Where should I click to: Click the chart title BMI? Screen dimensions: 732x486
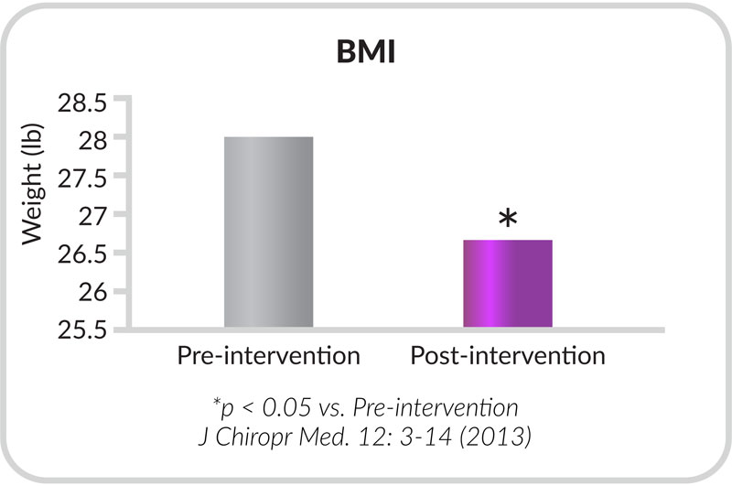[x=366, y=51]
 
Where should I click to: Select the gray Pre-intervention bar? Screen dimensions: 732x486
[x=268, y=232]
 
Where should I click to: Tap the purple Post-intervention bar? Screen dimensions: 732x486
[x=508, y=284]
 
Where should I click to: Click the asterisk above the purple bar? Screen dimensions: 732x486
[x=508, y=218]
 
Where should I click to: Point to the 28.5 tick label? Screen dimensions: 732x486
[x=82, y=103]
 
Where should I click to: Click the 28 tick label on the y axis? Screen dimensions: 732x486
[x=93, y=141]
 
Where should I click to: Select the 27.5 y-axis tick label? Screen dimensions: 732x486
[x=82, y=178]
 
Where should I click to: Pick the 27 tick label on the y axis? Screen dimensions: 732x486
[x=93, y=217]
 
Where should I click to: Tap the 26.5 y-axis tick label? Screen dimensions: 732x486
[x=82, y=255]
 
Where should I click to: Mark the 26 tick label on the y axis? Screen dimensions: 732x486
[x=93, y=293]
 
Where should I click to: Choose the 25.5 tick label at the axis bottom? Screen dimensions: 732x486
[x=82, y=330]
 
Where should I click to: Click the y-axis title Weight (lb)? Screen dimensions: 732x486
[x=33, y=184]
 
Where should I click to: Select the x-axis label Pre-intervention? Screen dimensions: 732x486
[x=268, y=356]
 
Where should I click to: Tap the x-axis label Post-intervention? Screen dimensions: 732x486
[x=508, y=356]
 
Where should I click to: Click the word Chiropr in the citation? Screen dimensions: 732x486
[x=254, y=437]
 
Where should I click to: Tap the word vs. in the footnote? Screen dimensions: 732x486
[x=332, y=408]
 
